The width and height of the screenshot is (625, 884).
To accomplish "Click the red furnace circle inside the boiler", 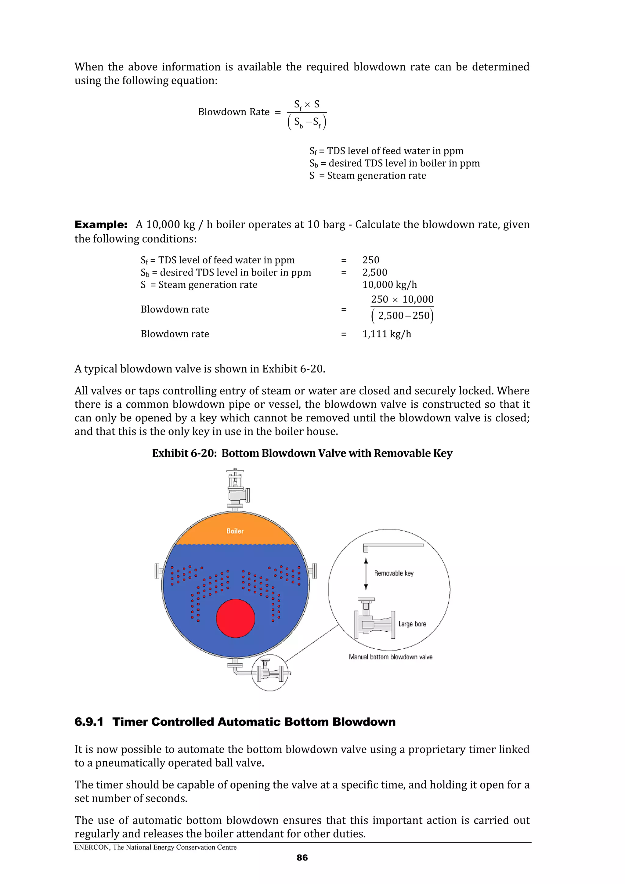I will coord(235,618).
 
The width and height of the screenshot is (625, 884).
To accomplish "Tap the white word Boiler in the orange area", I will coord(235,531).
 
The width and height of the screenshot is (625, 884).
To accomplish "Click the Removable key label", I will coord(394,573).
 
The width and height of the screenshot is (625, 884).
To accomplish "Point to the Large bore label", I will coord(412,624).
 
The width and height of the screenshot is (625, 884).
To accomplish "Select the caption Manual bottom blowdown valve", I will coord(391,657).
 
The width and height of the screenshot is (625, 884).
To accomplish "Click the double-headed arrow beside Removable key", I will coord(366,574).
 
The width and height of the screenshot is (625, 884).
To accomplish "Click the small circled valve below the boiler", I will coord(269,673).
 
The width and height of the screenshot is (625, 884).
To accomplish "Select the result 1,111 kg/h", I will coord(387,334).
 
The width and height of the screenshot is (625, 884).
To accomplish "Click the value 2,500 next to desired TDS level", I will coord(375,272).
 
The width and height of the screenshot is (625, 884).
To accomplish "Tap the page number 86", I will coord(302,857).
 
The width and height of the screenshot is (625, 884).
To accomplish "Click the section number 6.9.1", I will coord(89,722).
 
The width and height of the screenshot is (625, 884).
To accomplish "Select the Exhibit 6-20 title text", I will coord(302,453).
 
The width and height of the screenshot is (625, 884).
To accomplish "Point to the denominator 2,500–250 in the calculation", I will coord(403,316).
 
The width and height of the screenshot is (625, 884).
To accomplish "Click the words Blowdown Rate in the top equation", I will coord(233,112).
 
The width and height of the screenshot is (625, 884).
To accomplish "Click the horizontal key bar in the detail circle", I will coord(394,545).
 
